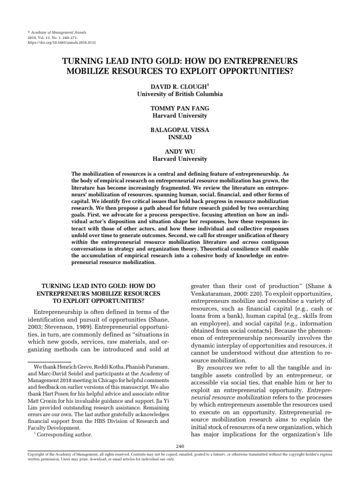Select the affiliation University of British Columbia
180,94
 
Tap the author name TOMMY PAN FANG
180,108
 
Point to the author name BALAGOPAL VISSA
180,130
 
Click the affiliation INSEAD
180,137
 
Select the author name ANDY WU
180,151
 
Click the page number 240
180,446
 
